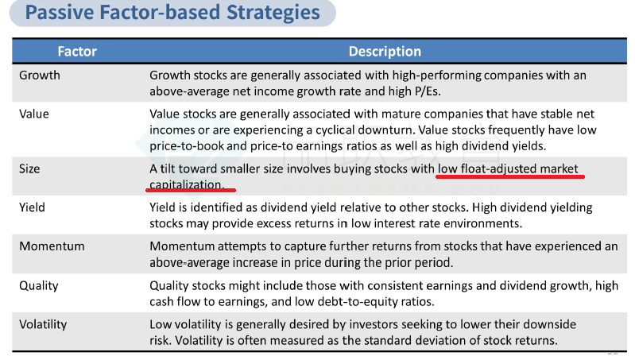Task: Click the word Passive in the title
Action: tap(60, 12)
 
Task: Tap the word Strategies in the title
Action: tap(273, 13)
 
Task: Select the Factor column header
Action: tap(77, 52)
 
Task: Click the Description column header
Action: tap(385, 52)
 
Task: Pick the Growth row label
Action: tap(39, 75)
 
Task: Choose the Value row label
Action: tap(34, 114)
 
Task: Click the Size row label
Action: tap(29, 168)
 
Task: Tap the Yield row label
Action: tap(32, 207)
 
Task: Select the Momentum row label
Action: tap(52, 246)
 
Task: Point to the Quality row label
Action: tap(39, 286)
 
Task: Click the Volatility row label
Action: tap(43, 324)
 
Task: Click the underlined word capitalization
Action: tap(186, 184)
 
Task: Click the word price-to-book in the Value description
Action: tap(186, 146)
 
